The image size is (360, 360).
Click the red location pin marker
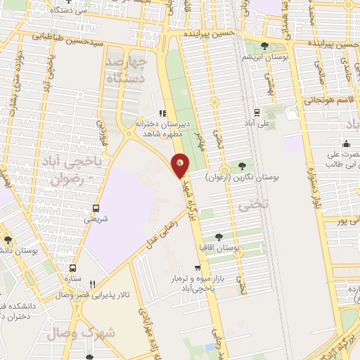[x=180, y=165]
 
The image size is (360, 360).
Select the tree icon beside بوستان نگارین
[x=243, y=166]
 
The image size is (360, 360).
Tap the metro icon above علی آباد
[x=256, y=111]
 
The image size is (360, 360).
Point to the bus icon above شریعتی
[x=96, y=208]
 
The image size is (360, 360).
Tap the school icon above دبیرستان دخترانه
[x=162, y=112]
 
